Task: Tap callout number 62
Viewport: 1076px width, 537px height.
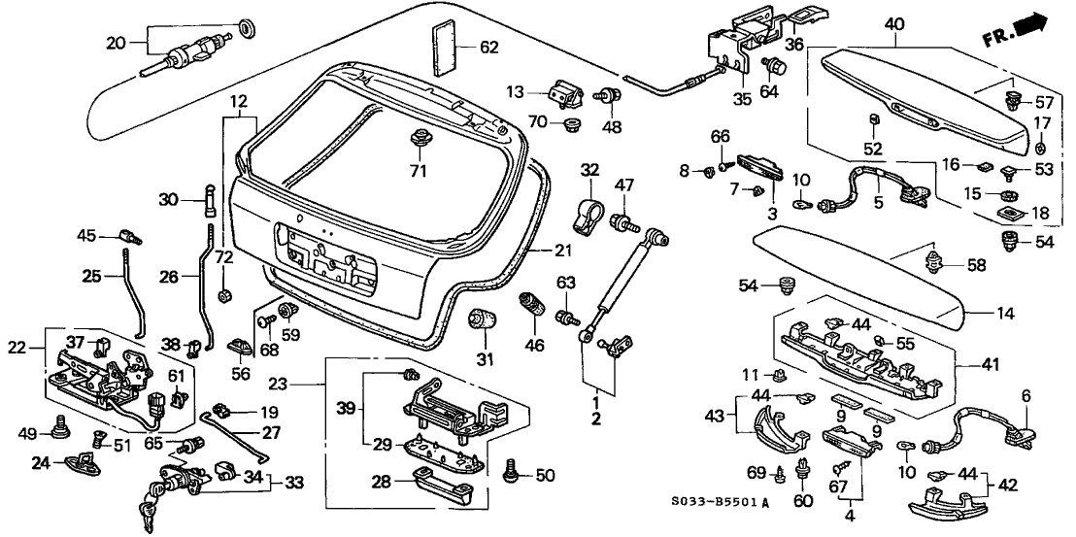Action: [488, 46]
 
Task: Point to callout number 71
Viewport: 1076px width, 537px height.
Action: [418, 172]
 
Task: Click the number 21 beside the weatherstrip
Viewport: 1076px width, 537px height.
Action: [563, 251]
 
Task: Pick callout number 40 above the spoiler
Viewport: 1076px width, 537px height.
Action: [894, 23]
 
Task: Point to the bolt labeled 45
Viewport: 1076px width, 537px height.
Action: [126, 235]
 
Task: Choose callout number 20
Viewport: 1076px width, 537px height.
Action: [115, 42]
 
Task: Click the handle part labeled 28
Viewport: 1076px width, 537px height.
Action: [440, 480]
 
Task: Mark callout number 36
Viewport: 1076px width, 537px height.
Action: [794, 44]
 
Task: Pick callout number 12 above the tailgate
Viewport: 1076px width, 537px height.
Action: [239, 101]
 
